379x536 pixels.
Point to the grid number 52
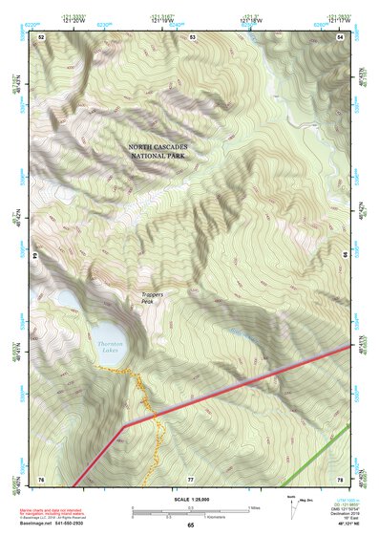(41, 37)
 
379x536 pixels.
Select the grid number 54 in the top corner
(341, 37)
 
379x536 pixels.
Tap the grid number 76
(41, 478)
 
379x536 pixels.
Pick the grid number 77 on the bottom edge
(192, 478)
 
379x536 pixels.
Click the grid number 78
(341, 478)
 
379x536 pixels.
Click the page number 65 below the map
(190, 525)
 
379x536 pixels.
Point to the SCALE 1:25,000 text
(190, 499)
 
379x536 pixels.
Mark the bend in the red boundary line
(125, 421)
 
